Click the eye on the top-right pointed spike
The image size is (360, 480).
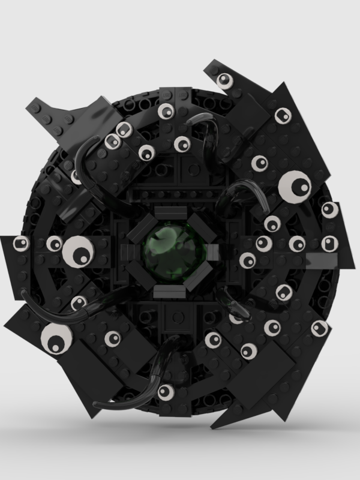point(225,80)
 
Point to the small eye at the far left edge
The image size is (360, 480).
point(22,244)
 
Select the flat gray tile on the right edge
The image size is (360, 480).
point(324,259)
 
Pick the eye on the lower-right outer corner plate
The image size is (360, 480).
point(319,327)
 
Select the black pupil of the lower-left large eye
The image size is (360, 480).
point(55,344)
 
